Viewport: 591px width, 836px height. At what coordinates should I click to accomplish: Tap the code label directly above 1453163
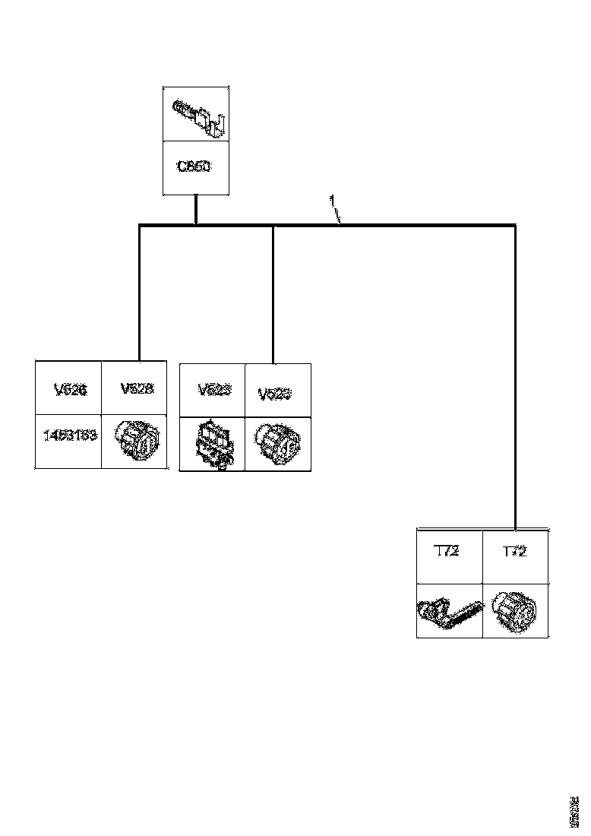(70, 389)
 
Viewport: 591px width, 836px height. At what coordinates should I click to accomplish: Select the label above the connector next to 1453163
(137, 388)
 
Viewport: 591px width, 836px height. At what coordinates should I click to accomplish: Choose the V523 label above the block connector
(214, 390)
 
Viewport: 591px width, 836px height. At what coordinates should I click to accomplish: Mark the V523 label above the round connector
(275, 394)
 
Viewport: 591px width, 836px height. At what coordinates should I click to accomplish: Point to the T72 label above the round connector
(515, 552)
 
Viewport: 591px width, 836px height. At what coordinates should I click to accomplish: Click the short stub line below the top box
(196, 209)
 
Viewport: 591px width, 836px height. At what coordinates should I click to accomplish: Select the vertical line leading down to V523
(273, 296)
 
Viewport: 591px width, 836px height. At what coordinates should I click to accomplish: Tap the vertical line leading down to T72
(516, 380)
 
